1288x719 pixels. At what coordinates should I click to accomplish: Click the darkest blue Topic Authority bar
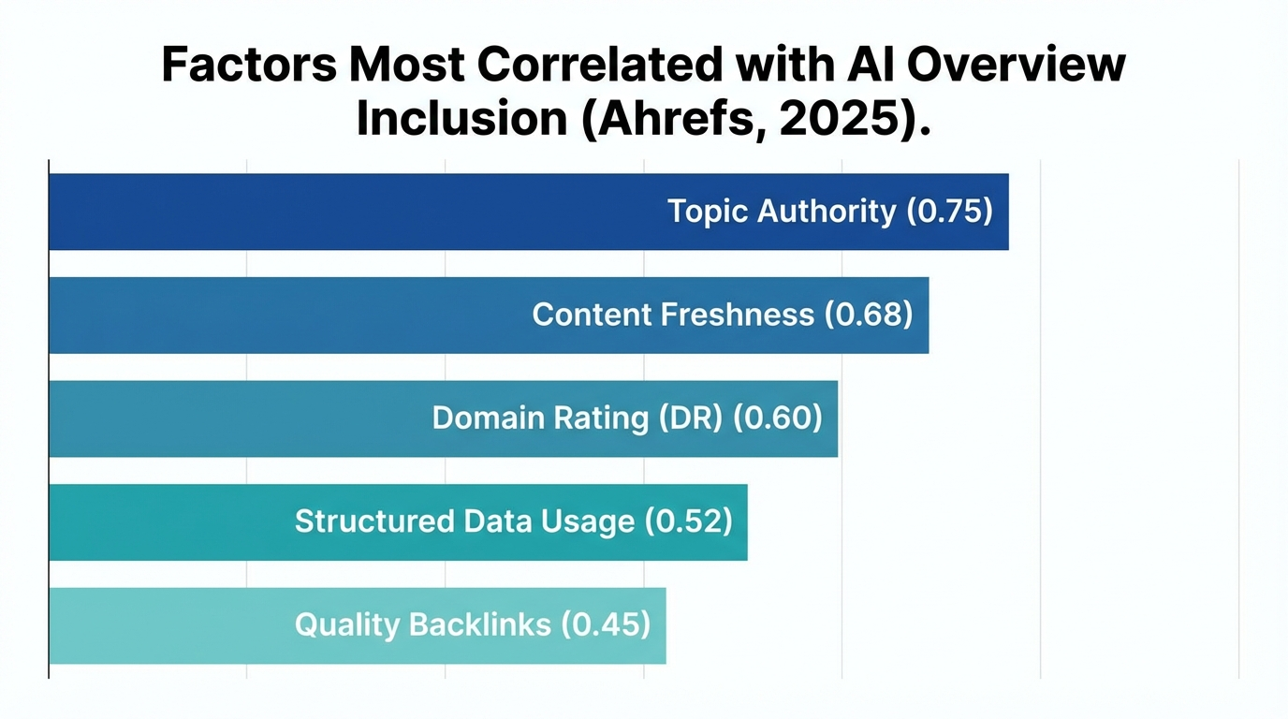[x=356, y=212]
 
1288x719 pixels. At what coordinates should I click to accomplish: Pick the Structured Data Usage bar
[x=168, y=521]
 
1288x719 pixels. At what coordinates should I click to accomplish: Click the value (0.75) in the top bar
[x=949, y=212]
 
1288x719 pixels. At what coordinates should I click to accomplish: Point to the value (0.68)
[x=868, y=315]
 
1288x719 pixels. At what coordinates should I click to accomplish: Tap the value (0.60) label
[x=777, y=418]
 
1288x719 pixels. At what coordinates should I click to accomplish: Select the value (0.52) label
[x=688, y=521]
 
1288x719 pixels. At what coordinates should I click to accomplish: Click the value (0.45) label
[x=606, y=624]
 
